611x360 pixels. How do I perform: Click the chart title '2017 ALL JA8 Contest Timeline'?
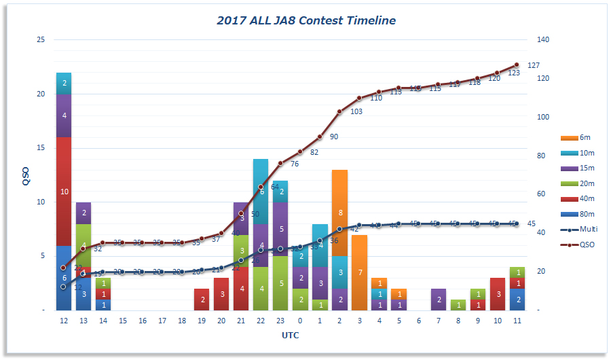[x=305, y=20]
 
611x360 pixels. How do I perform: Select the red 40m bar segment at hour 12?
[x=64, y=191]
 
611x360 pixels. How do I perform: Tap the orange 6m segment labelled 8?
[x=339, y=213]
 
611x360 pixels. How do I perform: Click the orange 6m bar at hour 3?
[x=359, y=272]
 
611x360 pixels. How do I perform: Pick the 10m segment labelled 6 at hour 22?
[x=261, y=191]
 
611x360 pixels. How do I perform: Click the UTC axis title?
[x=290, y=336]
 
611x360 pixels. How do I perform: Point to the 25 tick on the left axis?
[x=40, y=40]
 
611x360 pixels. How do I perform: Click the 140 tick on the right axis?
[x=542, y=40]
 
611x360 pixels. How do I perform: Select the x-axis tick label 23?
[x=280, y=321]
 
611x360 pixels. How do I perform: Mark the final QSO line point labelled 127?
[x=516, y=65]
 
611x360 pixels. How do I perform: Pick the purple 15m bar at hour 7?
[x=438, y=300]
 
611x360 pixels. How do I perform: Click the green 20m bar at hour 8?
[x=458, y=305]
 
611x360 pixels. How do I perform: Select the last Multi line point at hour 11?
[x=516, y=223]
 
